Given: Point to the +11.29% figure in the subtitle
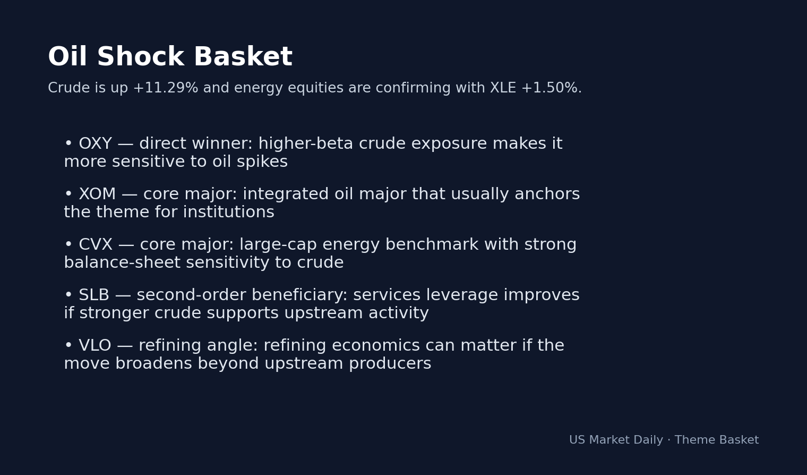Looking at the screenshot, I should (165, 88).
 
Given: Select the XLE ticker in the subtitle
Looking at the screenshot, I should (502, 88).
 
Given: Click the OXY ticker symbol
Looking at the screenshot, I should (95, 144).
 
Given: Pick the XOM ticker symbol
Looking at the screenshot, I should (97, 194).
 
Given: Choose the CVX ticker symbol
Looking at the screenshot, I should (96, 245).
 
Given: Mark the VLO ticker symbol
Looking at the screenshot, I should (95, 346).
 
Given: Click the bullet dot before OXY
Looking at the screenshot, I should (68, 144).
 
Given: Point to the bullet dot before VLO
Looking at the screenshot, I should (68, 346).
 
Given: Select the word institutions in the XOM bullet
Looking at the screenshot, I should (229, 213).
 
